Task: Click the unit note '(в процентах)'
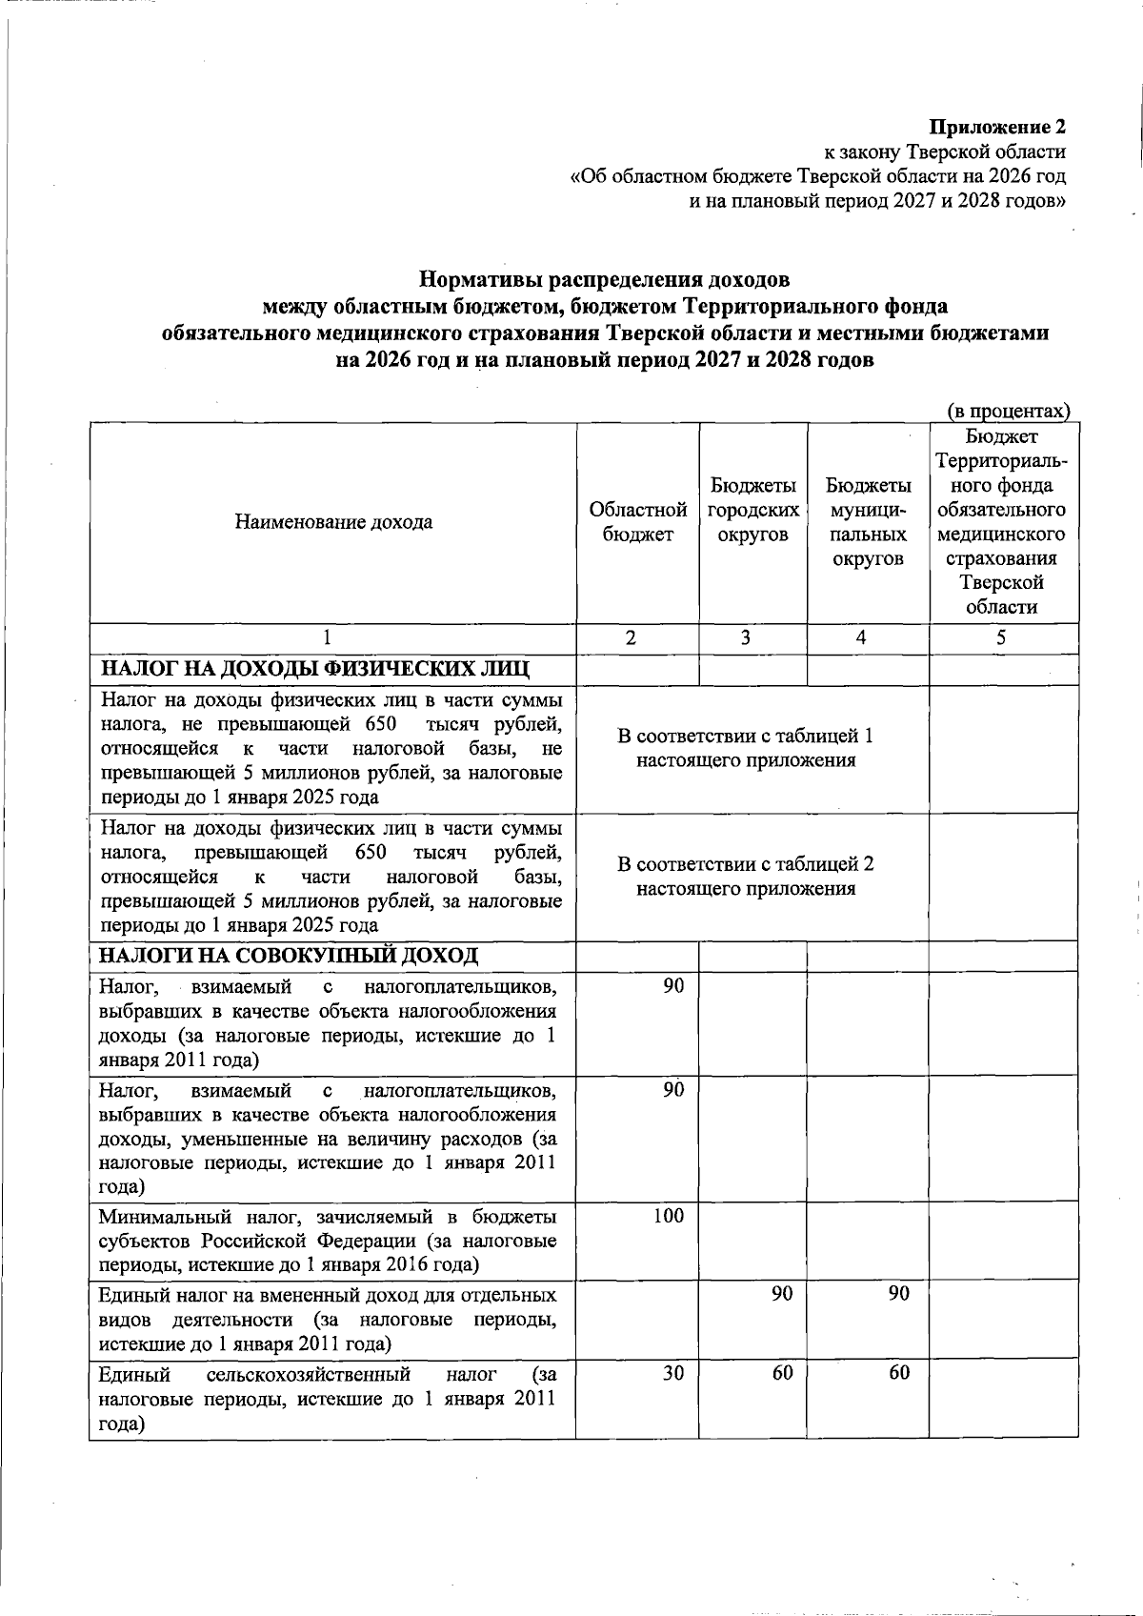1008,411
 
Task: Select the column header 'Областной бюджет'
638,522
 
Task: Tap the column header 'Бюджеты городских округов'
752,511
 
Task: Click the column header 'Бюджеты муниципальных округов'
868,522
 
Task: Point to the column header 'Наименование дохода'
333,522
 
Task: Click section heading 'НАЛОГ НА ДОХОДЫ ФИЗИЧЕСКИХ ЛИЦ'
315,669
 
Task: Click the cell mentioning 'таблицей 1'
746,748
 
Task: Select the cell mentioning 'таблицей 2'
746,877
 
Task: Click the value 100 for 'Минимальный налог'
669,1216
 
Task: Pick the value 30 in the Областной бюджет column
673,1373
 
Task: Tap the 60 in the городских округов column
782,1373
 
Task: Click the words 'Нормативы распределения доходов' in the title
605,281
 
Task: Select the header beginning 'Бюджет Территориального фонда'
1001,522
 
